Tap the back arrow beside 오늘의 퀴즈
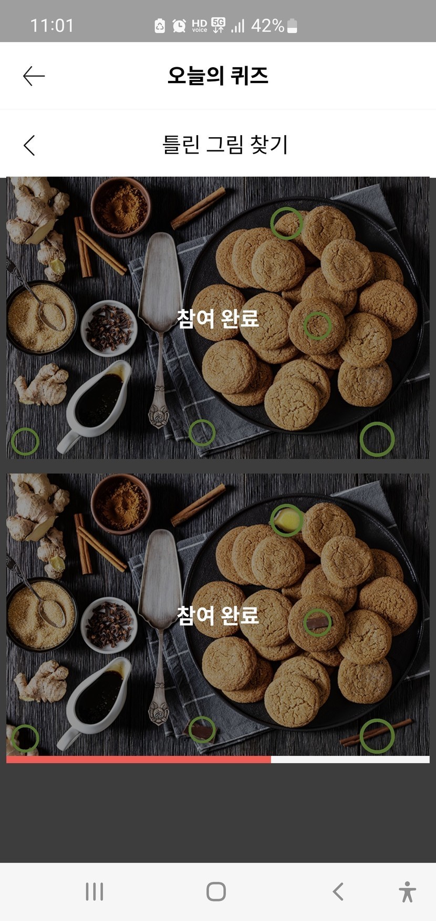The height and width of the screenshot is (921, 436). [x=34, y=76]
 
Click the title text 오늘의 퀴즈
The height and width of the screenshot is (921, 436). [x=218, y=76]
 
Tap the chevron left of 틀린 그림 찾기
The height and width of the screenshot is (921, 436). [x=29, y=145]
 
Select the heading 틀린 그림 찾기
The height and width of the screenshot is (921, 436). [x=225, y=145]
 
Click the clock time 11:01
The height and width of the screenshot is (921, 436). [x=52, y=25]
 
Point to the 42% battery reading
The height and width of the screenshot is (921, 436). [x=267, y=25]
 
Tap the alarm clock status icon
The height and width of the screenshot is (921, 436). [x=179, y=25]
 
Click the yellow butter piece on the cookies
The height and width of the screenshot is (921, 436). [x=286, y=519]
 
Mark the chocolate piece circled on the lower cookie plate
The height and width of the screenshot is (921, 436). [x=317, y=623]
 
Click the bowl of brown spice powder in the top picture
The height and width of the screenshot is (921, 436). [x=121, y=207]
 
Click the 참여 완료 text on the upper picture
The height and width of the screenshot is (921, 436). [x=217, y=318]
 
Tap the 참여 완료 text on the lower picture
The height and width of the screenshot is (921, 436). [x=217, y=615]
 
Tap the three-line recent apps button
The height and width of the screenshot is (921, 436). [x=95, y=892]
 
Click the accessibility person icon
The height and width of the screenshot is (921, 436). [x=407, y=892]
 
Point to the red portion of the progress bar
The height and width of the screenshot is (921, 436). [x=139, y=759]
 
